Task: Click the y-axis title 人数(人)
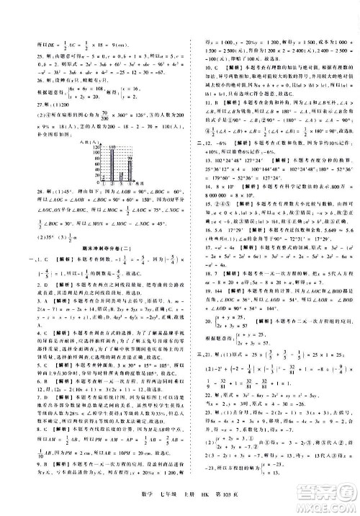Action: pyautogui.click(x=81, y=143)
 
